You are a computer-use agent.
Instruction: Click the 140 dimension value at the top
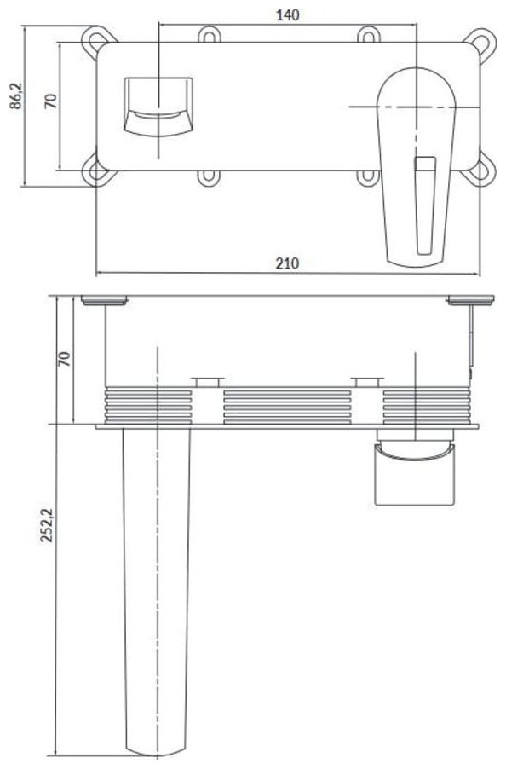(288, 14)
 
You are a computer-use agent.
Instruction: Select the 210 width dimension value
(286, 263)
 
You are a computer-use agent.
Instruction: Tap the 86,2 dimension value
(17, 95)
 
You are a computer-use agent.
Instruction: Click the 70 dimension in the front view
(51, 101)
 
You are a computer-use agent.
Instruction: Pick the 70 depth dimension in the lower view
(64, 359)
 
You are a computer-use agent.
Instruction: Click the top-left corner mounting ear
(98, 40)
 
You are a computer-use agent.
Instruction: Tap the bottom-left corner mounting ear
(97, 171)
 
